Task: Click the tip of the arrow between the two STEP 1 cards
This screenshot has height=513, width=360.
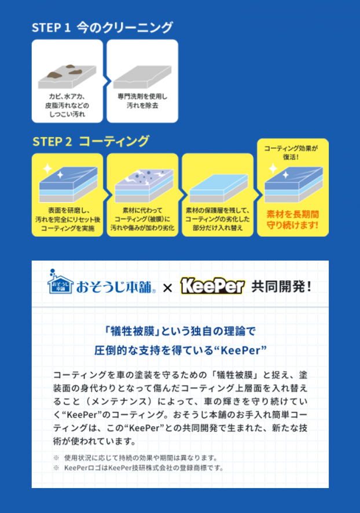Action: (x=111, y=81)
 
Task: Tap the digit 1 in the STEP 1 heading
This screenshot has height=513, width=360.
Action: (x=67, y=28)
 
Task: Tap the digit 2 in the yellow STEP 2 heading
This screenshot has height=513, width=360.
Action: (x=68, y=142)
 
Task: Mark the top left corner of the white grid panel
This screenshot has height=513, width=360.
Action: (x=32, y=261)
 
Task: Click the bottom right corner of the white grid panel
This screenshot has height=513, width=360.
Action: (x=329, y=488)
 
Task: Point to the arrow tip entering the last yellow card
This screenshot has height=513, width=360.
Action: (x=262, y=195)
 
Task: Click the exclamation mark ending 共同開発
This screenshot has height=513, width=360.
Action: (x=308, y=287)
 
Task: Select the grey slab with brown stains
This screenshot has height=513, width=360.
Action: (x=67, y=76)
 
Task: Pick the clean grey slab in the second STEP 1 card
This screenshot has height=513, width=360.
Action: (x=142, y=77)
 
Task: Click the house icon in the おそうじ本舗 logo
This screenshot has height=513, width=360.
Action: (x=60, y=282)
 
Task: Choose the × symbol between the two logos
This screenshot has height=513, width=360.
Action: (x=167, y=288)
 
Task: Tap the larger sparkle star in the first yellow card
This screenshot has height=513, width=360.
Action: (x=47, y=169)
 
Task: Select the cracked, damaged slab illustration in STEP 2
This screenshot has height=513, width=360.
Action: (x=144, y=185)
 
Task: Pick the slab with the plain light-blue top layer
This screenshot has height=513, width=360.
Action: (x=218, y=188)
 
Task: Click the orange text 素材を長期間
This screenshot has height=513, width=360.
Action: (x=293, y=215)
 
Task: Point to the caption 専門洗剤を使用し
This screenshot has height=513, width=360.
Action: (x=142, y=97)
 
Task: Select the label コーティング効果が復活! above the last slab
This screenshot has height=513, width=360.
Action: (x=291, y=153)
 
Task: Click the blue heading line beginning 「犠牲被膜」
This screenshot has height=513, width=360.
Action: (x=179, y=331)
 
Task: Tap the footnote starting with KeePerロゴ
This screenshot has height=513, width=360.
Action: (x=144, y=468)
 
